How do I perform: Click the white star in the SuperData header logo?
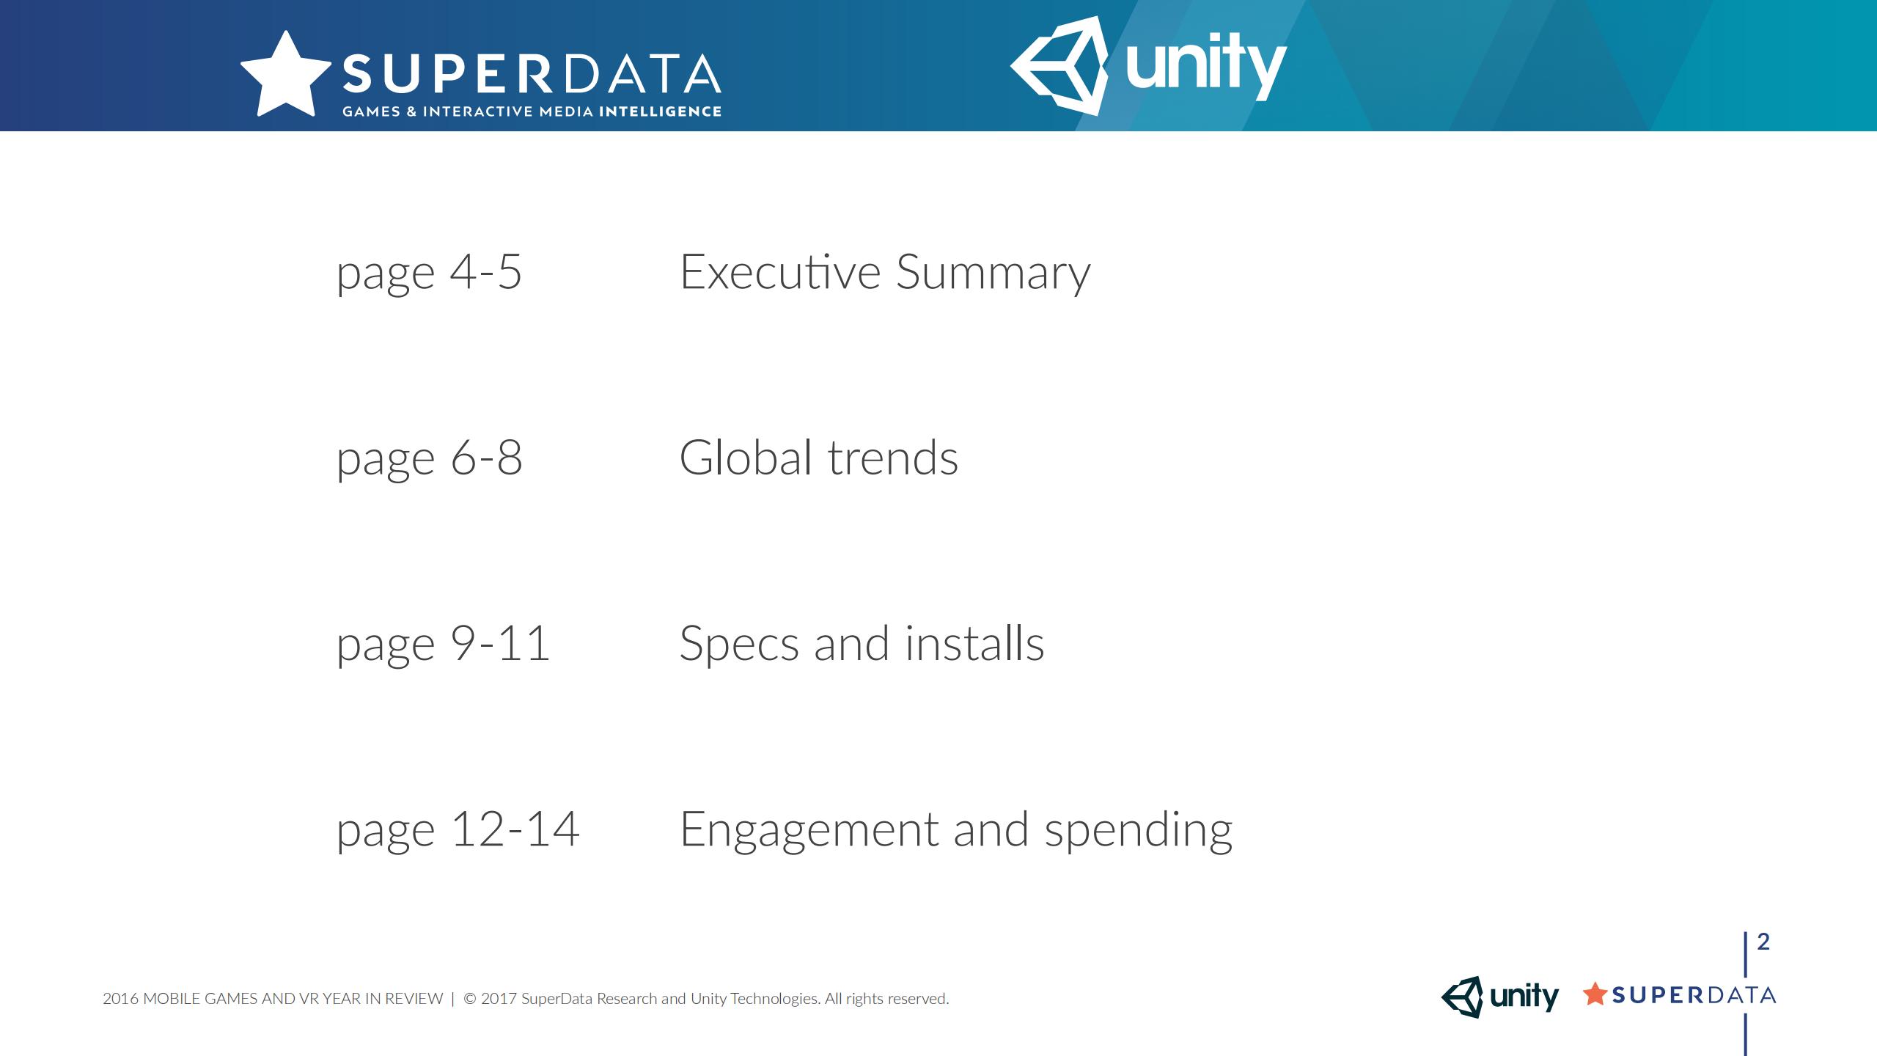[286, 76]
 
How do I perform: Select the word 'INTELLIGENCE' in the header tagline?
[660, 111]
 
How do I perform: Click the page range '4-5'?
[485, 272]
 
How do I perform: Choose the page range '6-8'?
[486, 458]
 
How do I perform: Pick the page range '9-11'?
[499, 643]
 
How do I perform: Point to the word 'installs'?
[974, 642]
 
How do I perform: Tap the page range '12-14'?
[515, 829]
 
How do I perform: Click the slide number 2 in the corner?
[1763, 941]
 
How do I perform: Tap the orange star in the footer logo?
[1595, 994]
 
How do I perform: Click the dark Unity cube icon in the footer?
[1462, 997]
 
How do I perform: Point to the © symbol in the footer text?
[470, 999]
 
